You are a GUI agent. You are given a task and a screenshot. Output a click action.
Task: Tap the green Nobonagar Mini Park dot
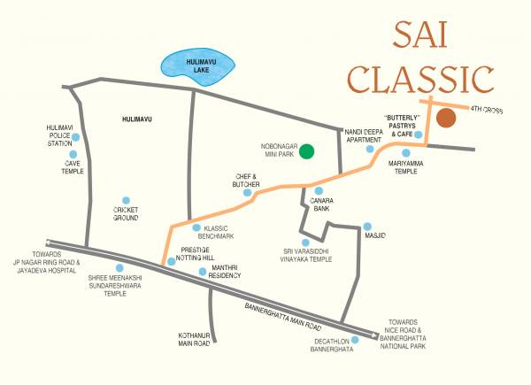point(306,150)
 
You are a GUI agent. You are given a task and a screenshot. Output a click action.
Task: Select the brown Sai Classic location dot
point(446,118)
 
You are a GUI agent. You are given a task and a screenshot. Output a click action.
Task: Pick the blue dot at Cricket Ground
point(126,201)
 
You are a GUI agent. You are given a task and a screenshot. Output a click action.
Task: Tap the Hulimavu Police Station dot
point(76,137)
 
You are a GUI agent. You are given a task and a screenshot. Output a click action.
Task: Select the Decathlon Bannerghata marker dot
point(354,339)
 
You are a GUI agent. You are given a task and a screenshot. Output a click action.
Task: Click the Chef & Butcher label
point(246,181)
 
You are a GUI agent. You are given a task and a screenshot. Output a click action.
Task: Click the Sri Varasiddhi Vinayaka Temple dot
point(304,242)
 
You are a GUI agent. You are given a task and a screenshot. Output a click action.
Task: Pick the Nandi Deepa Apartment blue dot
point(371,149)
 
